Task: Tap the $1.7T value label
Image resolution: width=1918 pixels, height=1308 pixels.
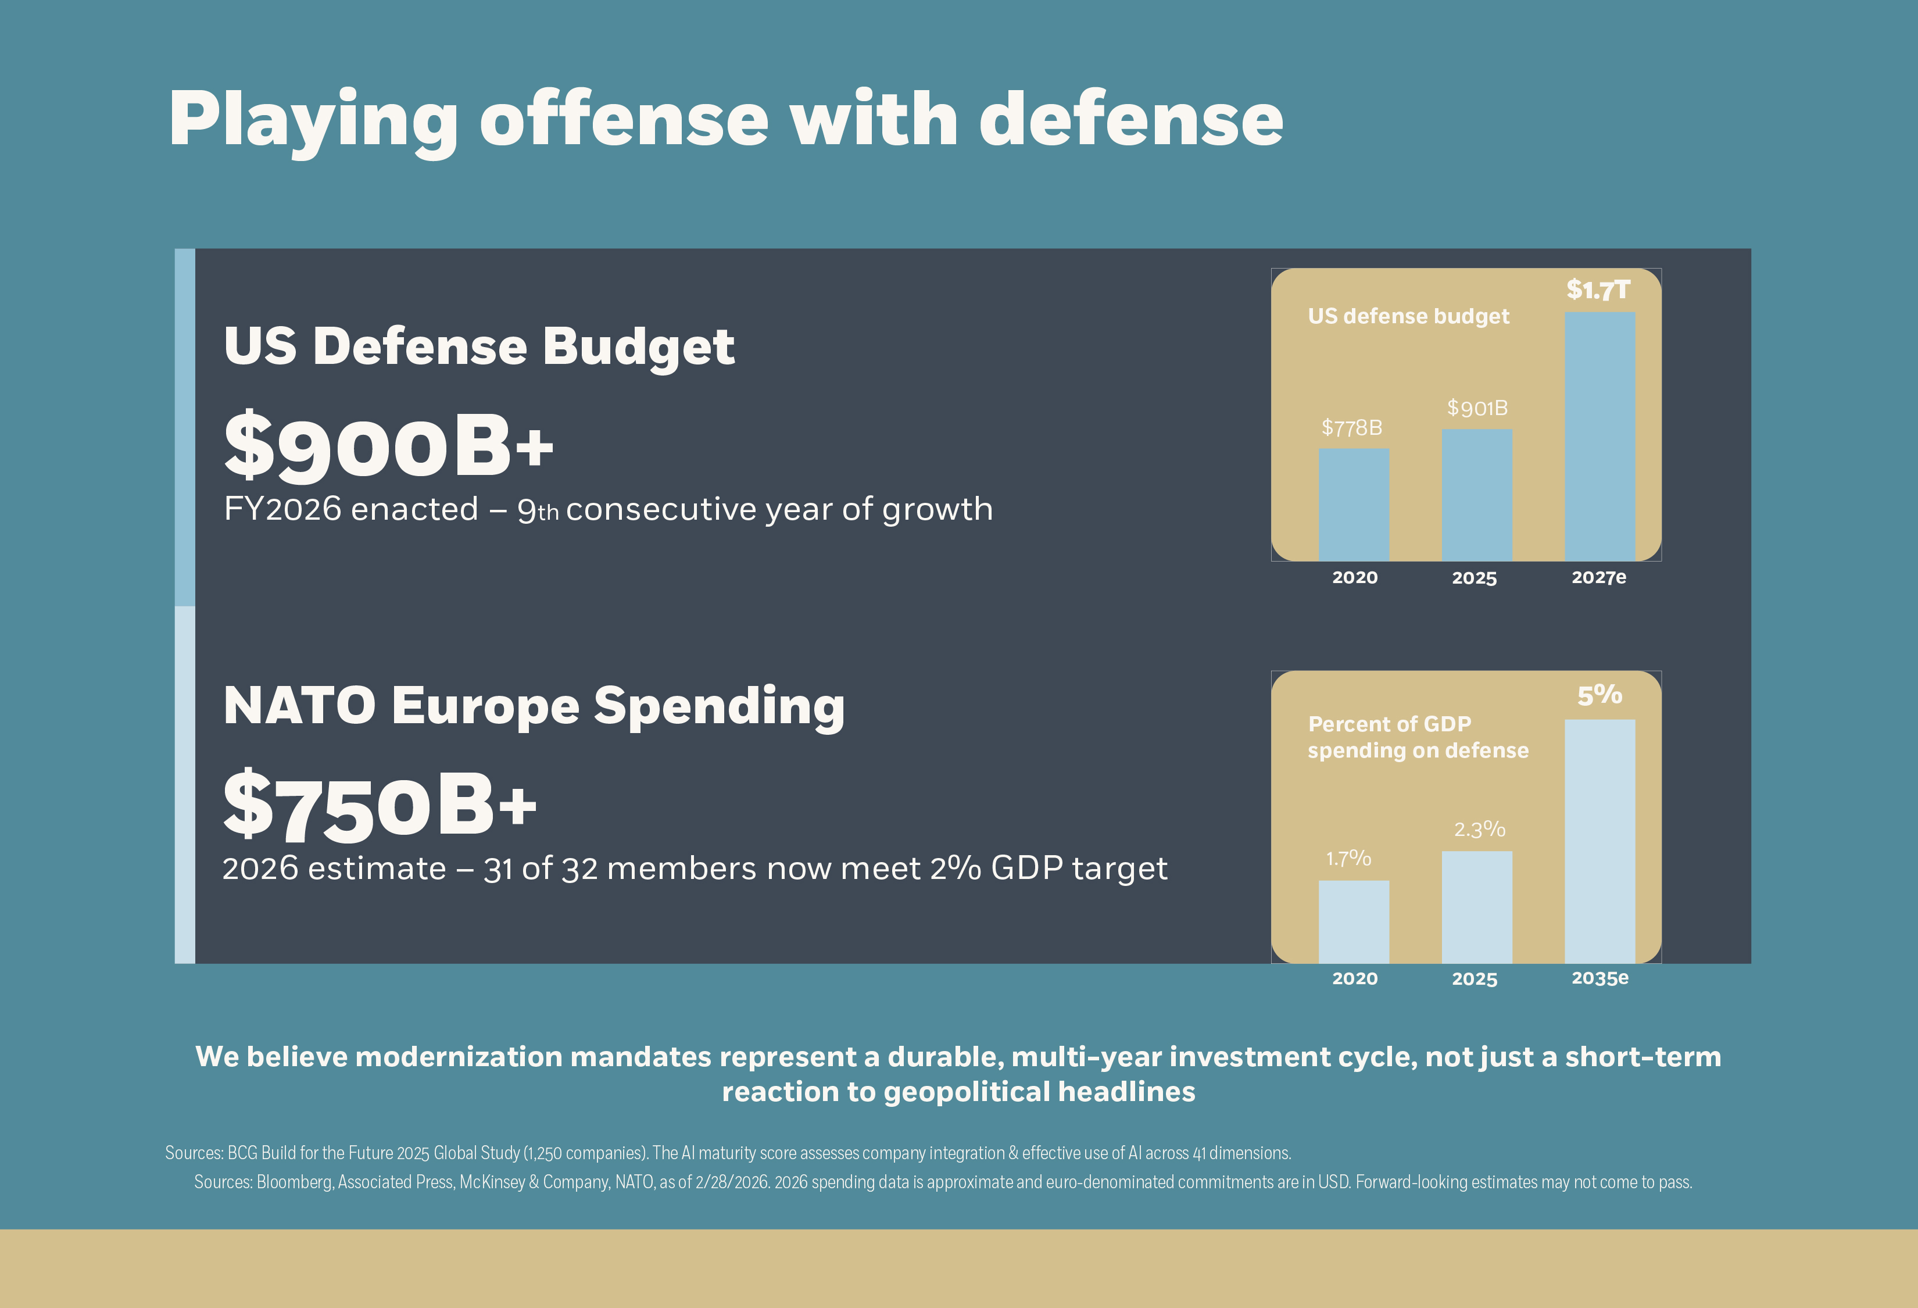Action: coord(1598,290)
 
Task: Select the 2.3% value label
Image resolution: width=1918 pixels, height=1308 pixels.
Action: coord(1479,830)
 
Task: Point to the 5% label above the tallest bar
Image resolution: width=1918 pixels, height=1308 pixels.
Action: coord(1599,695)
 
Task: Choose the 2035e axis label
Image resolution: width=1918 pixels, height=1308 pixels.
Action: coord(1599,978)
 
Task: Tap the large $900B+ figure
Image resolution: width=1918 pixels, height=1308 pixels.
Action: coord(388,446)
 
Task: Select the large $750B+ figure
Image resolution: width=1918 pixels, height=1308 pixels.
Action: coord(380,805)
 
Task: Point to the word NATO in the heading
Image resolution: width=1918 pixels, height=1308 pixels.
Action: coord(299,706)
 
